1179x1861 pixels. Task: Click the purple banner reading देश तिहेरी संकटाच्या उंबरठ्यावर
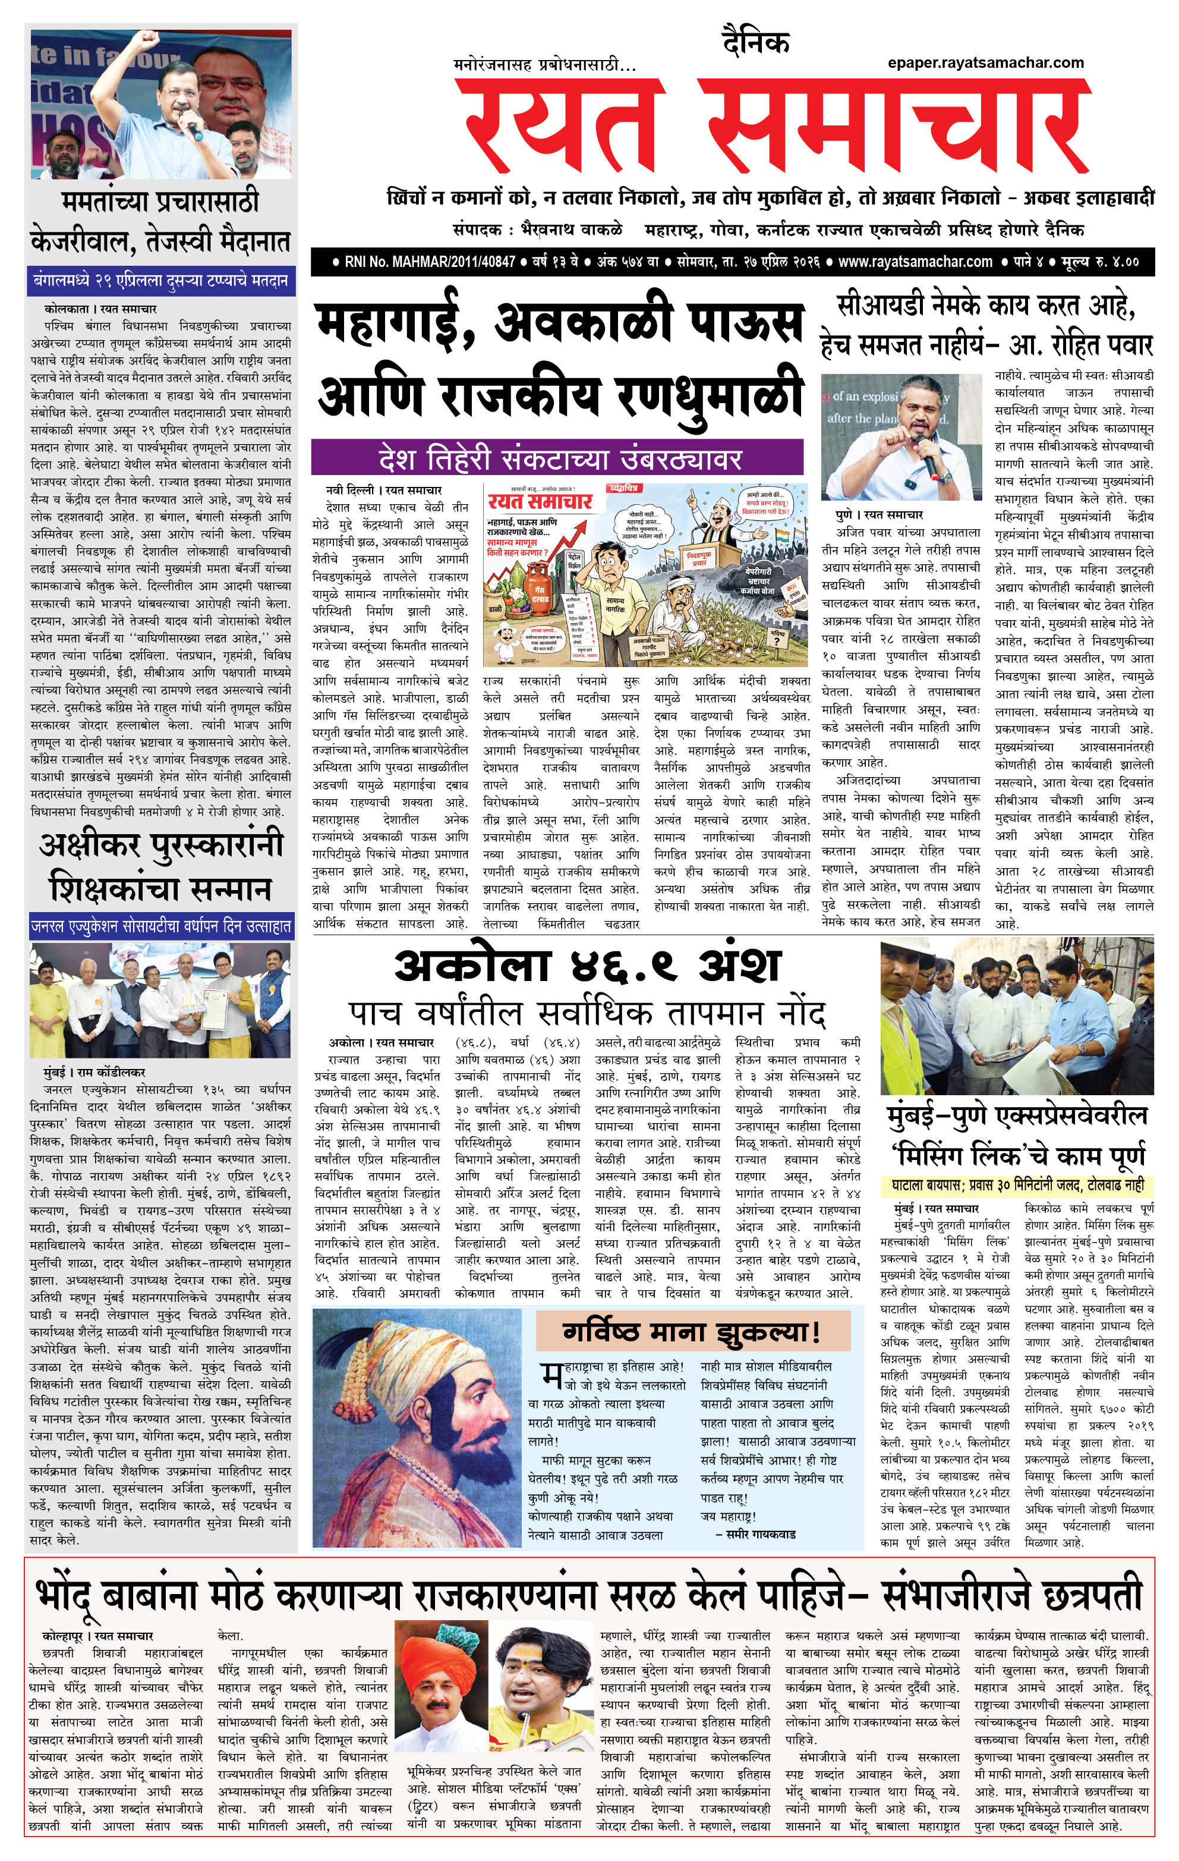coord(557,458)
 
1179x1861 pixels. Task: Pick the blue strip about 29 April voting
coord(160,280)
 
